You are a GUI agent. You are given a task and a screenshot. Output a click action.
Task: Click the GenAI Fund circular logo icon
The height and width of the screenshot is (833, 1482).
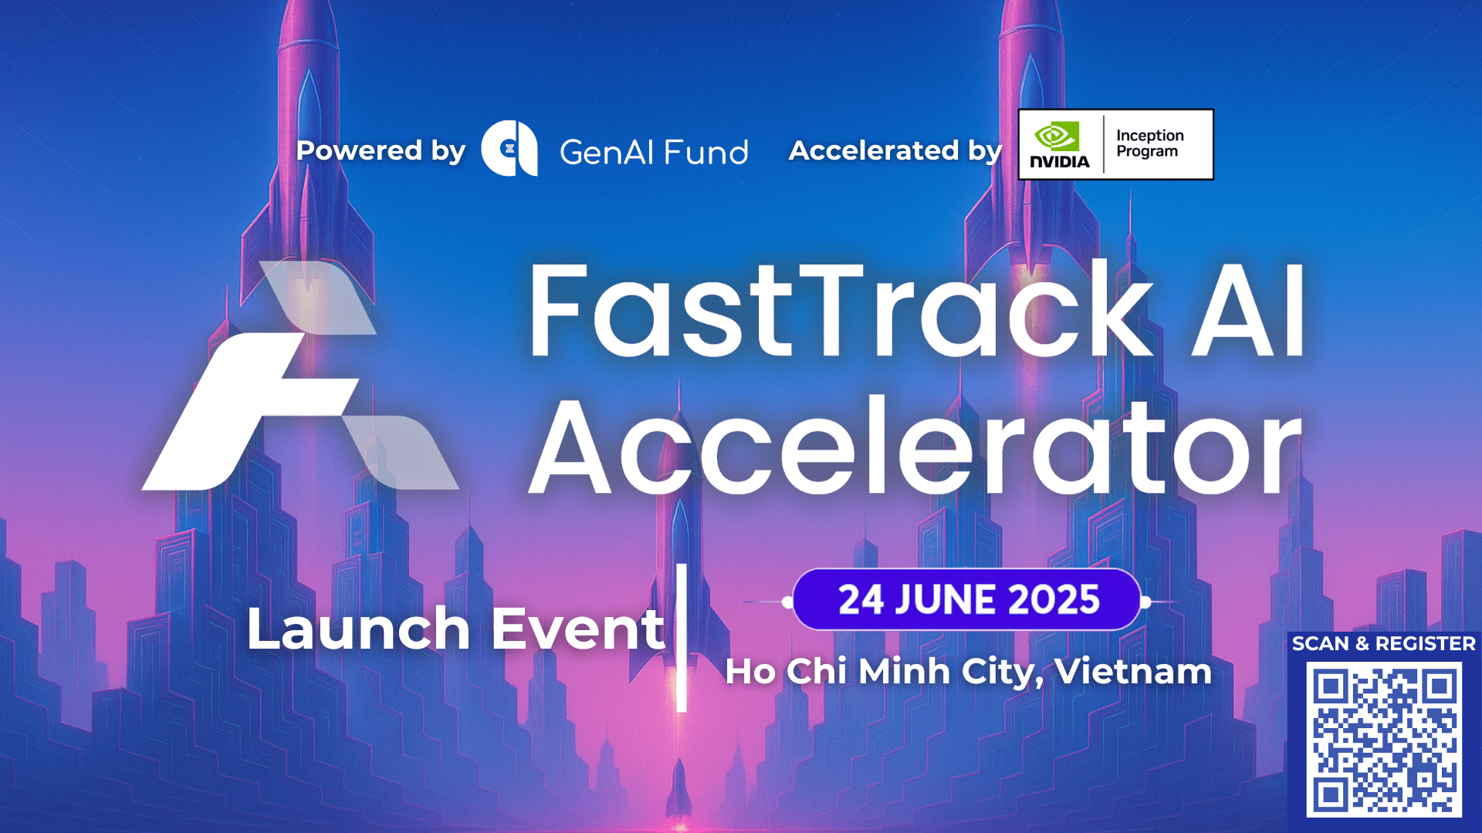coord(509,148)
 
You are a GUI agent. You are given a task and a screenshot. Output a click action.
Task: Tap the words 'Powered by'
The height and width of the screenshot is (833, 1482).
coord(381,150)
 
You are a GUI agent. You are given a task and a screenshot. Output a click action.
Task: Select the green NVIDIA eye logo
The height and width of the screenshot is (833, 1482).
coord(1056,137)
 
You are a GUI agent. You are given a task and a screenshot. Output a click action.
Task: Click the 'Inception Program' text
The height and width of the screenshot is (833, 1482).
coord(1149,143)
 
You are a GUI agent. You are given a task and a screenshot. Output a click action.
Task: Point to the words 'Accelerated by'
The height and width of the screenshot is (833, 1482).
coord(895,150)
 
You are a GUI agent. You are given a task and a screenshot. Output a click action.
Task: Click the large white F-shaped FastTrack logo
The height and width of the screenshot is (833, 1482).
coord(301,376)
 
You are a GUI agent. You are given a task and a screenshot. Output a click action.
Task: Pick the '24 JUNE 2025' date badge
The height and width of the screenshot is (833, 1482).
coord(967,600)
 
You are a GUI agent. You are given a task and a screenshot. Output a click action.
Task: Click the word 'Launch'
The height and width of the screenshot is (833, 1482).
coord(358,628)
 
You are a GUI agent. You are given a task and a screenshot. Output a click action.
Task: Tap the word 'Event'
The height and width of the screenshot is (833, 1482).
coord(577,629)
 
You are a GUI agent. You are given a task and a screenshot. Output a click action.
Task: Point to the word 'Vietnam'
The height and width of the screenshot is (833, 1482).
coord(1133,671)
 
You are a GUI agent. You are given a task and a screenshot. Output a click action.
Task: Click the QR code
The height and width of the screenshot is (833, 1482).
coord(1384,740)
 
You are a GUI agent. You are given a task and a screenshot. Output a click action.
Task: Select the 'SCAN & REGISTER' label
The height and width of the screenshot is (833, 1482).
coord(1383,643)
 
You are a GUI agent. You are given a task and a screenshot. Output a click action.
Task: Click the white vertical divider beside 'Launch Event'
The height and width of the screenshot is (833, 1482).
coord(682,638)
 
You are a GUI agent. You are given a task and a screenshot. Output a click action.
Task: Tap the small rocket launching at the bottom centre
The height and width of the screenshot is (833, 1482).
coord(679,787)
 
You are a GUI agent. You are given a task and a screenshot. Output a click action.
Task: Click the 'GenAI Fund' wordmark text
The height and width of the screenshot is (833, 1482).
coord(654,152)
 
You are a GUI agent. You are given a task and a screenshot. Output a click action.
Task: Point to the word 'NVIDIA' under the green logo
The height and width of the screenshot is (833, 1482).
coord(1060,161)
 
